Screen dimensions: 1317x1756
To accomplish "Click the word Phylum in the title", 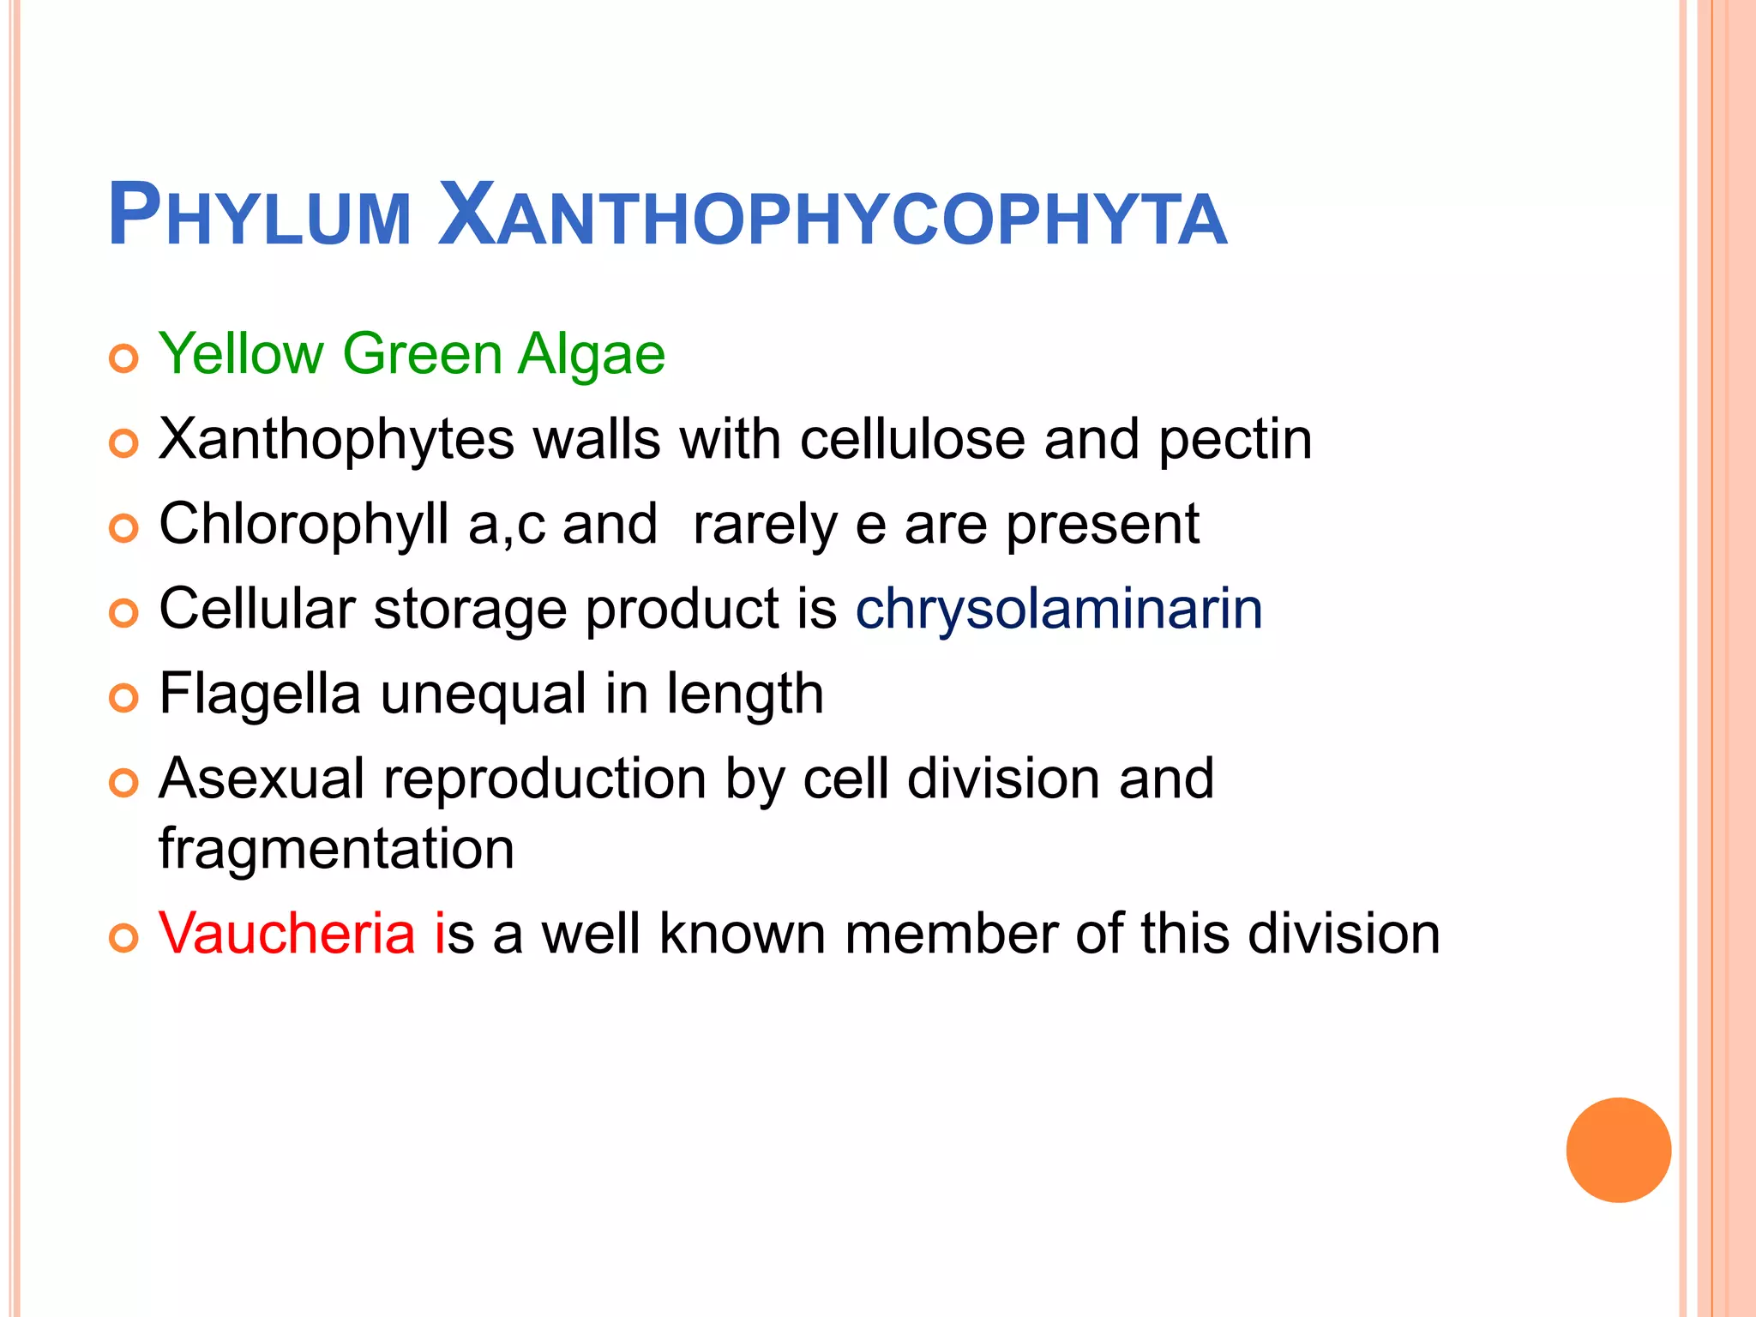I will click(259, 216).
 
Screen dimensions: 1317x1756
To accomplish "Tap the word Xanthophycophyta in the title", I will click(832, 216).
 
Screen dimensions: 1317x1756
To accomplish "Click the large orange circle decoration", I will click(1618, 1150).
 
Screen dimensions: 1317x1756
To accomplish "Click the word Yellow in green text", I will click(242, 354).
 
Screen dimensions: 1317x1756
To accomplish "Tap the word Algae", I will click(592, 354).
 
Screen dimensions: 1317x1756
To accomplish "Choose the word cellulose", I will click(912, 439).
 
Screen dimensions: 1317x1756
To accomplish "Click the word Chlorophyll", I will click(304, 525).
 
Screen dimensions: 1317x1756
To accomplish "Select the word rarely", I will click(765, 525).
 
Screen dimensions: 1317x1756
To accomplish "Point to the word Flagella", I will click(260, 695).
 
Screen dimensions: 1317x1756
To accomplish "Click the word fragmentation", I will click(336, 849).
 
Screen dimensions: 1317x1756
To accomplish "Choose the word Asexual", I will click(262, 779).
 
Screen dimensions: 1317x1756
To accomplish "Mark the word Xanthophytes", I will click(336, 439).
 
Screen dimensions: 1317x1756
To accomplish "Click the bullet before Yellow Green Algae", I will click(124, 358).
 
